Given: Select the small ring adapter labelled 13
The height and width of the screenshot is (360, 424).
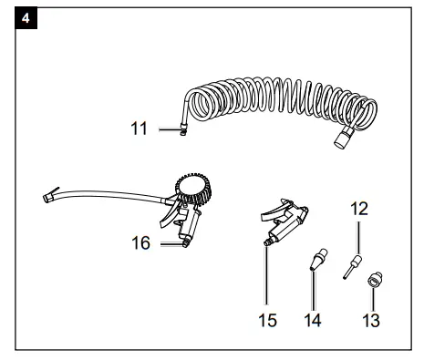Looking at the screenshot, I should (372, 282).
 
